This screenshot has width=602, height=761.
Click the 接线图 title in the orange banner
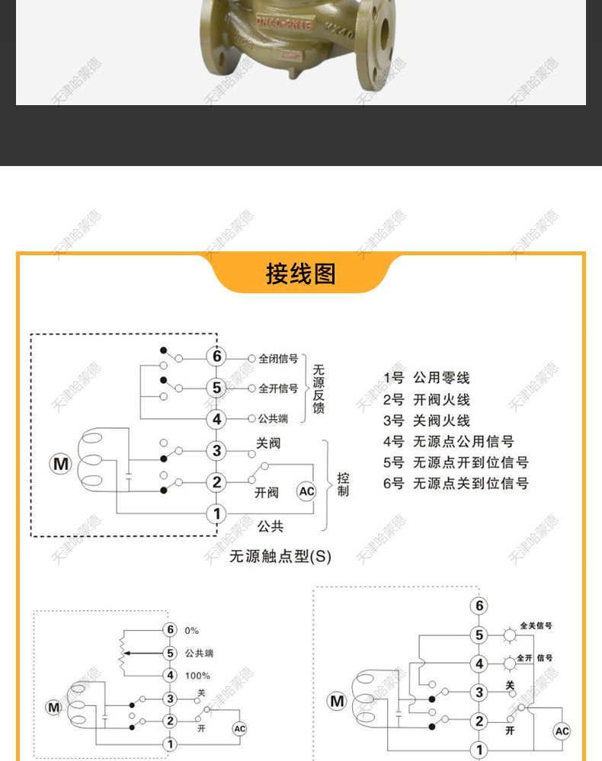(300, 273)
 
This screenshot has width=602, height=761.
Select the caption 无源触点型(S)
(280, 556)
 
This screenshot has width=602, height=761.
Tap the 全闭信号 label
(278, 358)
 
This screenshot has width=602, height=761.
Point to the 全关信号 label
(536, 626)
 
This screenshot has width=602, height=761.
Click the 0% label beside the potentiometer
(191, 631)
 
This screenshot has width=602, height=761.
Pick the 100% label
(197, 676)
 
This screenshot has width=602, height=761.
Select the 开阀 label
(267, 493)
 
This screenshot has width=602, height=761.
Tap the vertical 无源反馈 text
(319, 388)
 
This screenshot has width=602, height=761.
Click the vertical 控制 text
(343, 484)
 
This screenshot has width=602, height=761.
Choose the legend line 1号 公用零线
(427, 378)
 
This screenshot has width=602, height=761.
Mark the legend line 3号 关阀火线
(427, 420)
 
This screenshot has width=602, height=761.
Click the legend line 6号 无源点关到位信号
(456, 483)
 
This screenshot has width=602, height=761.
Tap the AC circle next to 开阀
(306, 491)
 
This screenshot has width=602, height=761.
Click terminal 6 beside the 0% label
(170, 630)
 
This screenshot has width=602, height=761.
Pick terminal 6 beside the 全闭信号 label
(216, 357)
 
